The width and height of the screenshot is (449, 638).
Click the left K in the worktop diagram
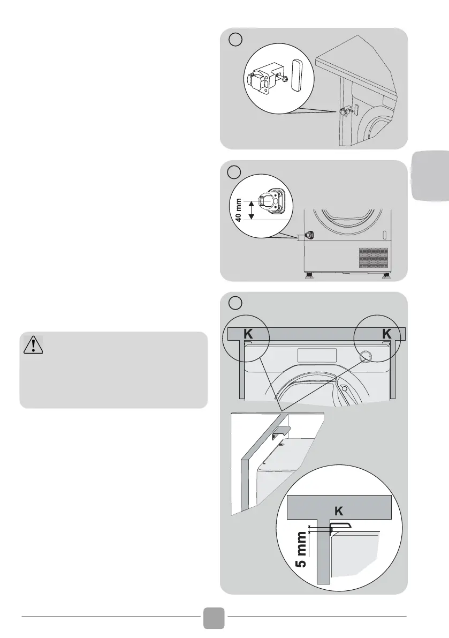coord(248,334)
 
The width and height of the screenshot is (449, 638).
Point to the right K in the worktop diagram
coord(387,334)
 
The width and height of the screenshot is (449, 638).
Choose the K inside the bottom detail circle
coord(338,511)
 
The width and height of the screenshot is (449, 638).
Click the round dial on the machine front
coord(366,356)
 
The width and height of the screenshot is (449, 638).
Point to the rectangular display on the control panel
coord(317,355)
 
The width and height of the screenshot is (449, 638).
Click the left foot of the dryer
coord(308,275)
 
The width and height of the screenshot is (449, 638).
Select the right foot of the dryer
coord(385,275)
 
